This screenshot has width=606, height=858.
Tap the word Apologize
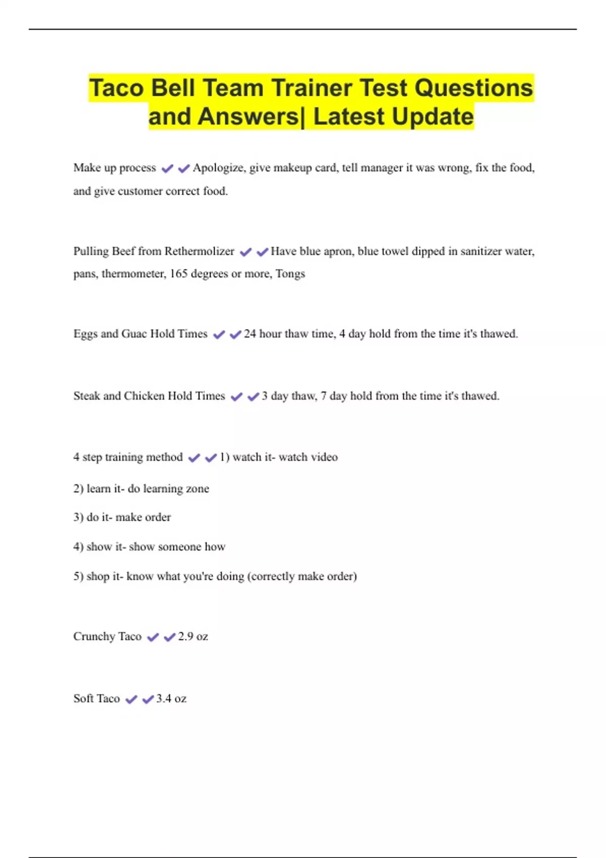pos(219,168)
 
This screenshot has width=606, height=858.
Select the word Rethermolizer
pos(199,251)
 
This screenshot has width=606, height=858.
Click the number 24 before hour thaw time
pos(250,334)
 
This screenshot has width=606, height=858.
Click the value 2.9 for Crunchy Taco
pos(185,636)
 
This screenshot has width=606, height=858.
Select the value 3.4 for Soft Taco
pos(164,699)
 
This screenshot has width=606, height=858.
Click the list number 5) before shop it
pos(78,576)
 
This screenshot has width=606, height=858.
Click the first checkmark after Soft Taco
pos(131,699)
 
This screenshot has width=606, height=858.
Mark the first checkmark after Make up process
pos(167,168)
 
